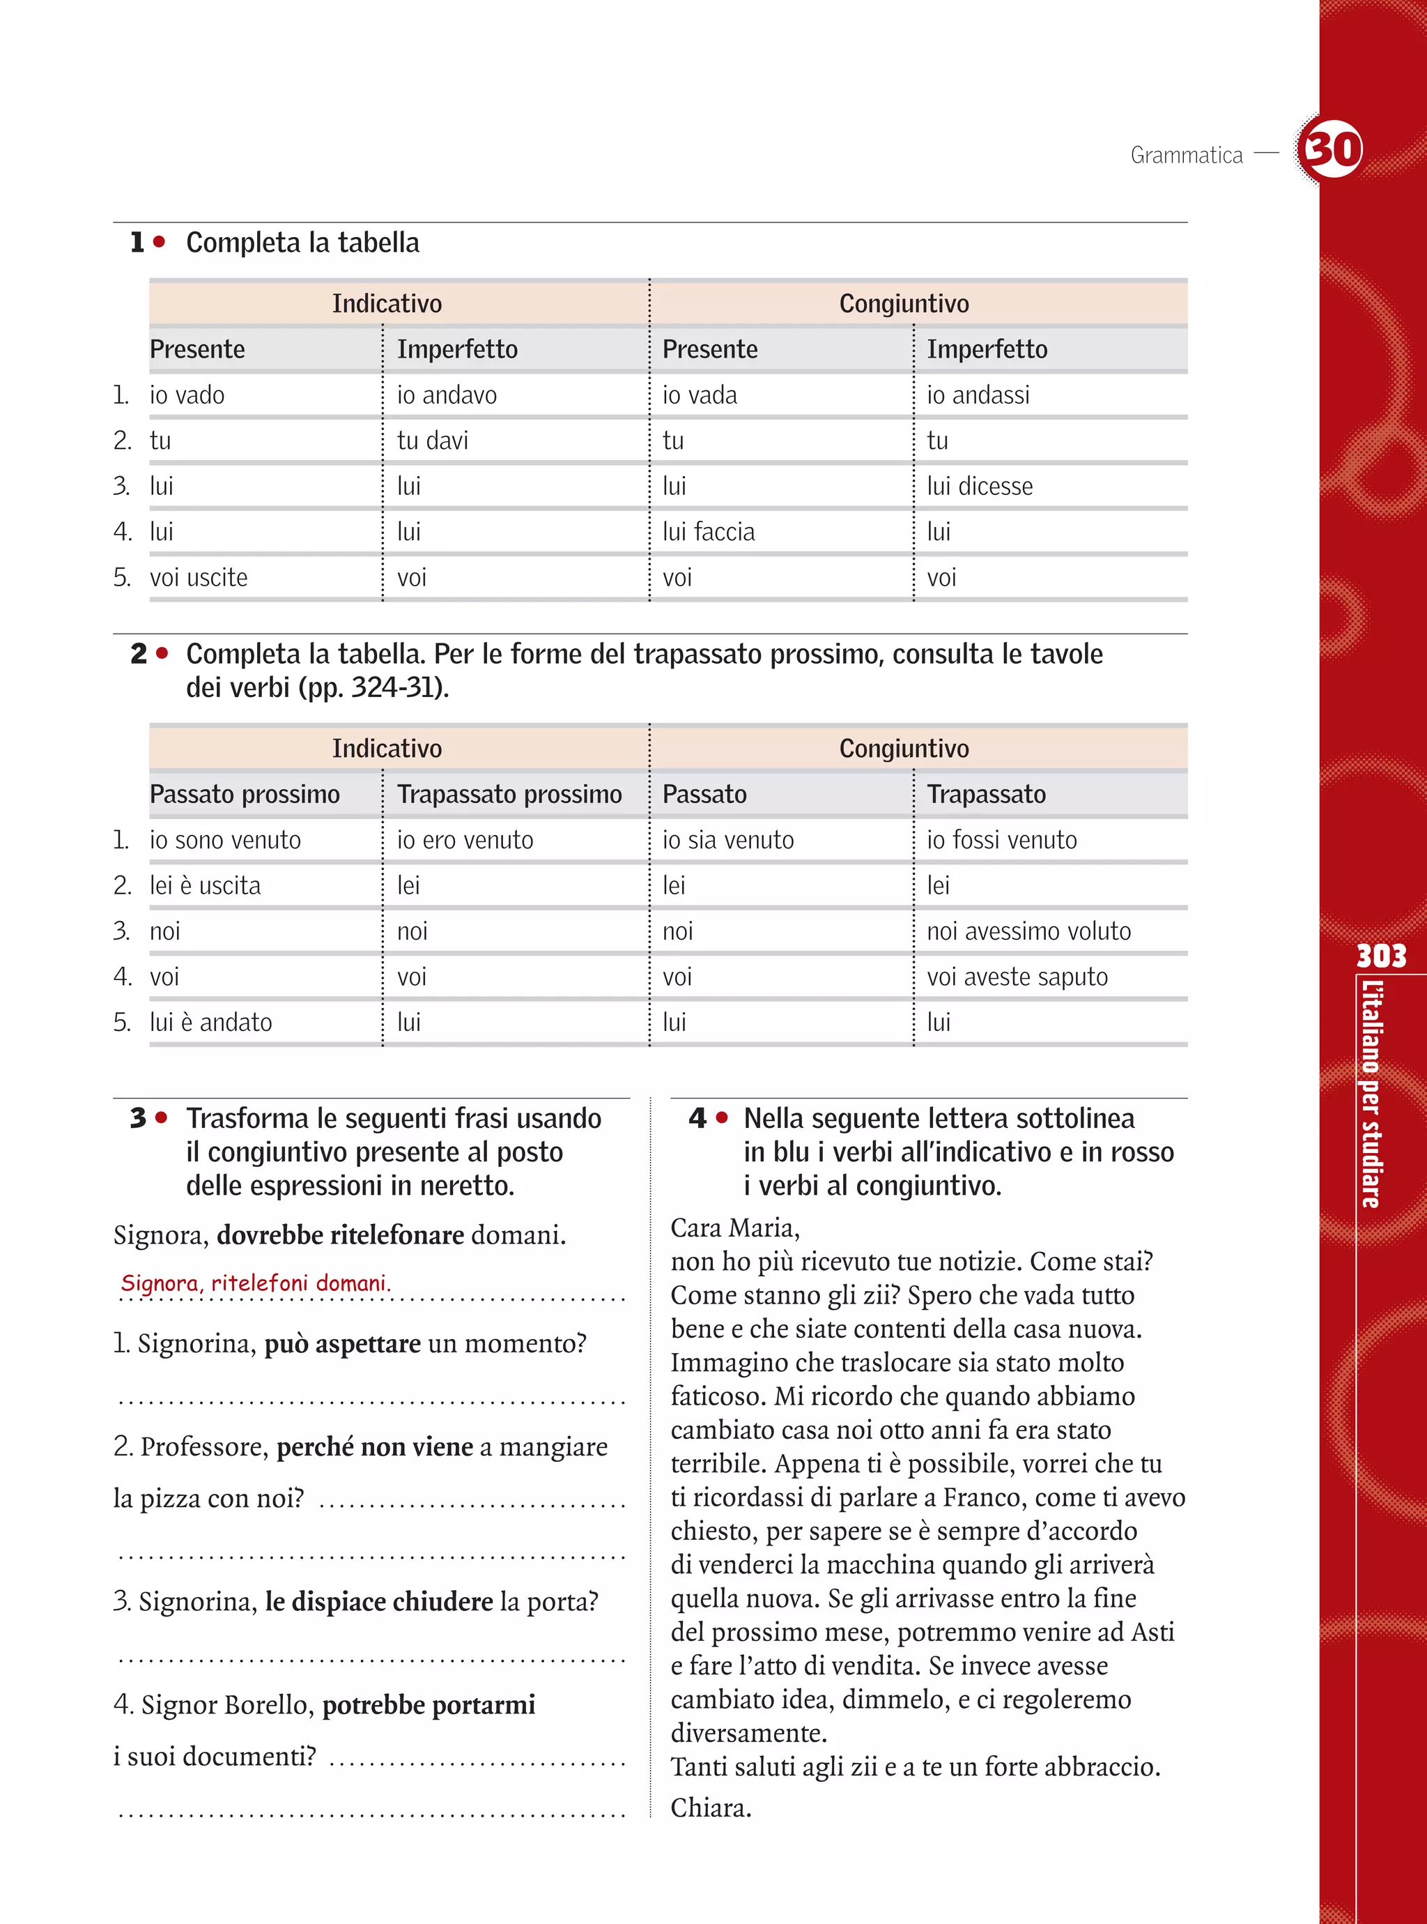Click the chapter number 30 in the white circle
[x=1331, y=148]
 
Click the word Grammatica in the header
[x=1186, y=155]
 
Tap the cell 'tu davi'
[x=432, y=441]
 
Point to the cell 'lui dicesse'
[x=980, y=487]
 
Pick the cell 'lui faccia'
[x=709, y=532]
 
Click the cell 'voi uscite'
[x=199, y=578]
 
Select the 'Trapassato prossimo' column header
[x=509, y=794]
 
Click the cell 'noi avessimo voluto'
[x=1028, y=931]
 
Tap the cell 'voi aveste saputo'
[x=1017, y=977]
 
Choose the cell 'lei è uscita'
[x=205, y=885]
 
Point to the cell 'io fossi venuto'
[x=1001, y=840]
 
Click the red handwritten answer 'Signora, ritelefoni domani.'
[x=256, y=1283]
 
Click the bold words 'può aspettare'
[x=342, y=1343]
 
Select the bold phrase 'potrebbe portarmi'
[x=429, y=1704]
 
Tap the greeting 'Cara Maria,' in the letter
[x=735, y=1228]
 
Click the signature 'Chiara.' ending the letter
[x=711, y=1808]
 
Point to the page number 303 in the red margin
[x=1380, y=956]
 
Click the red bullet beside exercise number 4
[x=722, y=1118]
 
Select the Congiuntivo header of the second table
[x=904, y=748]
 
